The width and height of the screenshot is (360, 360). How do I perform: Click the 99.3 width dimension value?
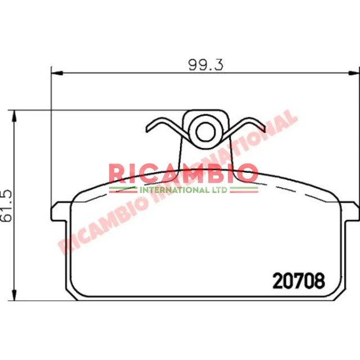205,64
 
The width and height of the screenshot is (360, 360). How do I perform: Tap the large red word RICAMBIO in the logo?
183,173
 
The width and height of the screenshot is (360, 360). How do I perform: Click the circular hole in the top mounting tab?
203,132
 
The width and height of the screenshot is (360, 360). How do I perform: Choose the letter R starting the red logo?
118,173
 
